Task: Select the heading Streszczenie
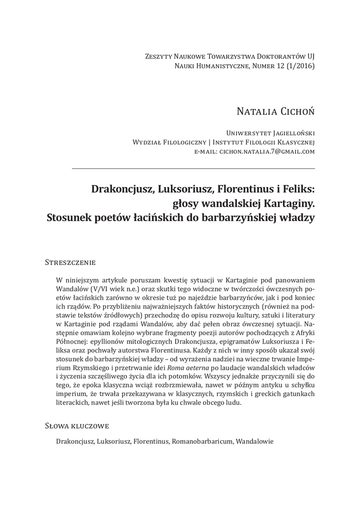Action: pos(70,262)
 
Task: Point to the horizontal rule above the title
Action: pos(193,169)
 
